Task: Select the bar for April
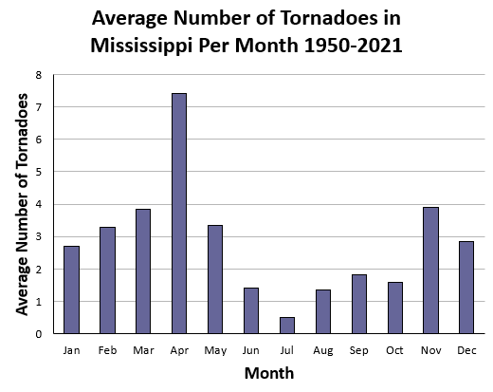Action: click(179, 214)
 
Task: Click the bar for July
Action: click(287, 326)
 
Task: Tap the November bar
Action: click(431, 271)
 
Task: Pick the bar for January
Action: click(71, 289)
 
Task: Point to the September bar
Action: click(359, 304)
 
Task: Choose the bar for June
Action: click(251, 310)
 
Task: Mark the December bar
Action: click(466, 288)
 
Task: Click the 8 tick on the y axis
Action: click(39, 75)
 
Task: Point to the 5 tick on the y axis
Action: click(39, 172)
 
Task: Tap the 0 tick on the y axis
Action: click(39, 334)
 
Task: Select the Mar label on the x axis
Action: click(143, 350)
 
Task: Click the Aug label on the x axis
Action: click(323, 351)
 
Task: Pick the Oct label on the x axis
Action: click(394, 350)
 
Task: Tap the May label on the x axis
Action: click(215, 351)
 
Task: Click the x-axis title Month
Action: click(269, 373)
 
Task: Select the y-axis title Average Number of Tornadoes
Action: click(22, 204)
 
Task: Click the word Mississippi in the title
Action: click(141, 46)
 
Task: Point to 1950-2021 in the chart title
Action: click(353, 46)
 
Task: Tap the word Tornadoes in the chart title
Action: click(329, 18)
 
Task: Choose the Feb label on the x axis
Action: click(107, 350)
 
